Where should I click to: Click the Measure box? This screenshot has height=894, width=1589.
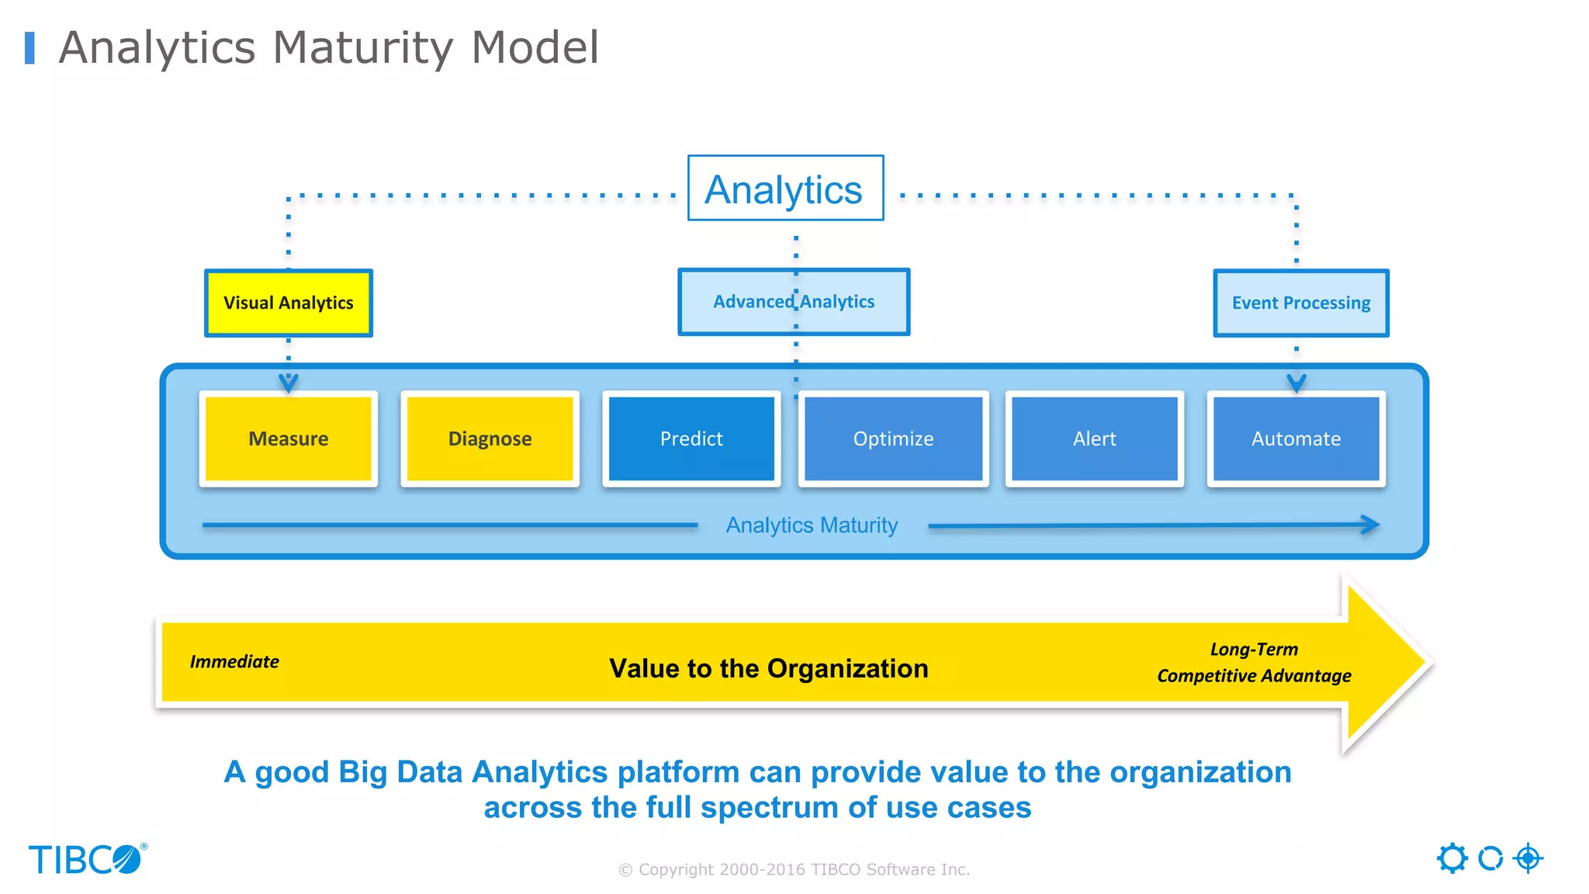(288, 438)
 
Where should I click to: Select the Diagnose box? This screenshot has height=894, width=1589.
(490, 438)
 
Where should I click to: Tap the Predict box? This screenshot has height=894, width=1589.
(691, 438)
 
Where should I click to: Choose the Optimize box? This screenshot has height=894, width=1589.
(893, 438)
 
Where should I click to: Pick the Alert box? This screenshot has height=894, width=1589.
(1094, 438)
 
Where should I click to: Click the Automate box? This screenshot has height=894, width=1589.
(1296, 438)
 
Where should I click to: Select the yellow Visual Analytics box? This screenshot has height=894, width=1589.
(288, 303)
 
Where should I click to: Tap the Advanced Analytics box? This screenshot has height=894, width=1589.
(793, 302)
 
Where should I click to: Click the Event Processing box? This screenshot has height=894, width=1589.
(1300, 303)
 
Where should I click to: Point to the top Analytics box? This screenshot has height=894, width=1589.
(784, 189)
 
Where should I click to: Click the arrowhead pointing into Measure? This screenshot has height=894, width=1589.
(288, 383)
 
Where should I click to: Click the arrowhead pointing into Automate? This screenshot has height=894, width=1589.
(1296, 383)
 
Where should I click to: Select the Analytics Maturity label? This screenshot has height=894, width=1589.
(812, 525)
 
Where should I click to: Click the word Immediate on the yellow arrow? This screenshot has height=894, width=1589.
(234, 662)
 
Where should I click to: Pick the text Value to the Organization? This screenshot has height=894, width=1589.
(768, 668)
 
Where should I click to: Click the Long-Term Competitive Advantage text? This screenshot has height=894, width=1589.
(1254, 663)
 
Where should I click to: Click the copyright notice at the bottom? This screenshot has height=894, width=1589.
(794, 869)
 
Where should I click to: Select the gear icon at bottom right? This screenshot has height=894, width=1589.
(1452, 858)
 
